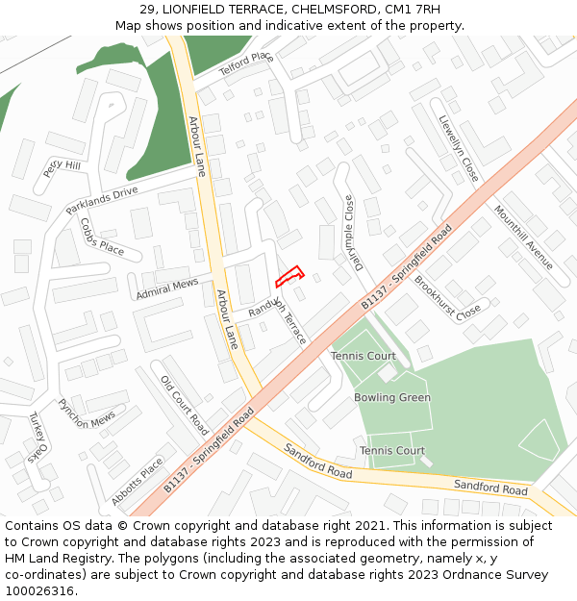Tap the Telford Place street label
pos(246,64)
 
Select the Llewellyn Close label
pos(458,150)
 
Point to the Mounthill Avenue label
pos(524,237)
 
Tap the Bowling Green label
pos(392,398)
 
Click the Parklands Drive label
pos(102,200)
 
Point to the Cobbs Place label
pos(102,238)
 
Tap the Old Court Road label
pos(185,405)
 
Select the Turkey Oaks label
pos(37,438)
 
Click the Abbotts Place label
pos(138,481)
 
